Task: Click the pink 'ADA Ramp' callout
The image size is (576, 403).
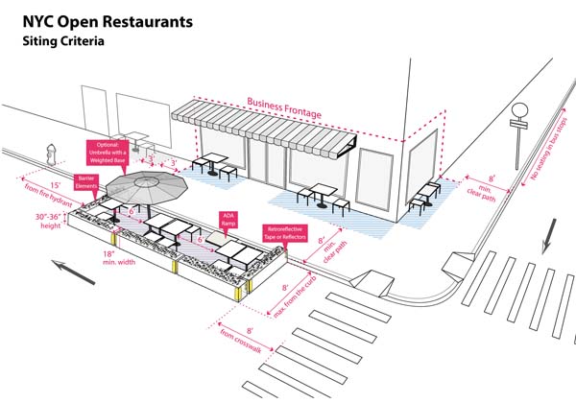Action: click(x=228, y=219)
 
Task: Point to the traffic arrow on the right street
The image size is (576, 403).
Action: click(x=550, y=235)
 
